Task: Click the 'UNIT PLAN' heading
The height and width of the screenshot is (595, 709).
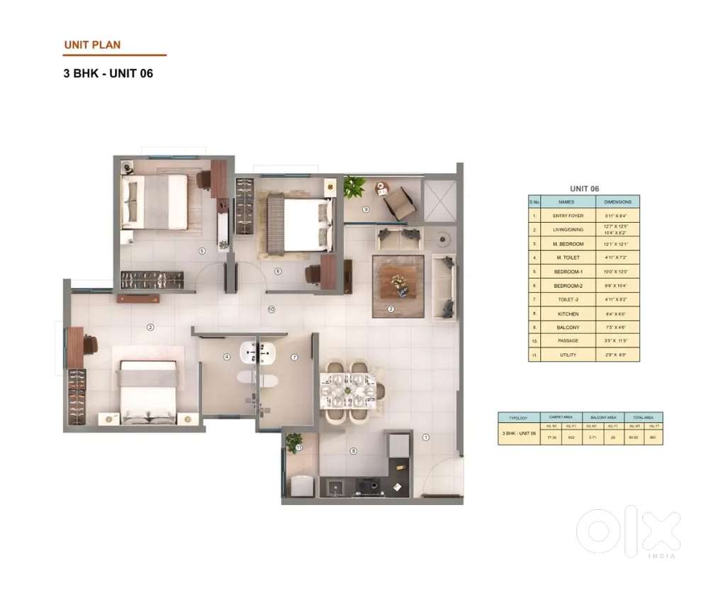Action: (92, 45)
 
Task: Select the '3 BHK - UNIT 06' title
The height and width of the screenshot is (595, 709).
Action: (108, 73)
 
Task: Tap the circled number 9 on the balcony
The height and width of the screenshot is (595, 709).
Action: (366, 209)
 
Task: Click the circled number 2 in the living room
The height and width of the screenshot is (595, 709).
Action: (391, 308)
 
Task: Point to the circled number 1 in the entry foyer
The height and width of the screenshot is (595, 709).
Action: (426, 438)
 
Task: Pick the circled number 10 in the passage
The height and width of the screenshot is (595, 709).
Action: (271, 309)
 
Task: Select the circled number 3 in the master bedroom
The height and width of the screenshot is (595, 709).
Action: (150, 327)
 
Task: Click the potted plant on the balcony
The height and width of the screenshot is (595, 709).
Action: (354, 187)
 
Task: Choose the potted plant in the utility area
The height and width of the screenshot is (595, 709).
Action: (294, 443)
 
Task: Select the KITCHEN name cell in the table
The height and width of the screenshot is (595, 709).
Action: (568, 313)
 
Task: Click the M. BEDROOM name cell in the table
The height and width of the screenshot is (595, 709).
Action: (568, 244)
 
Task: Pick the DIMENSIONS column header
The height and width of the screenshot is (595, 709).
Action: (617, 201)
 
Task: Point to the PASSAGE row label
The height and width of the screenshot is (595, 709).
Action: (568, 341)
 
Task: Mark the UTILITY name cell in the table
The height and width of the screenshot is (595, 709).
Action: (568, 355)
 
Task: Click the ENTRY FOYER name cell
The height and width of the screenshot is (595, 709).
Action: (568, 215)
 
